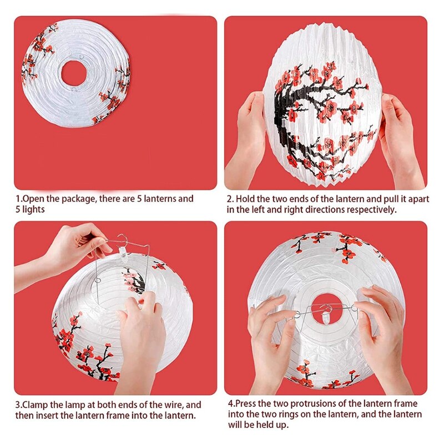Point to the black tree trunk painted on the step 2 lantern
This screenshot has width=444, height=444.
click(x=289, y=119)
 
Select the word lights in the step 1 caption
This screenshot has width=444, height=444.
click(x=31, y=209)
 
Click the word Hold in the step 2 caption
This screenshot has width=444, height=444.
click(x=246, y=199)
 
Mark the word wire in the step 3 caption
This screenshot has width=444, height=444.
click(x=173, y=405)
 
